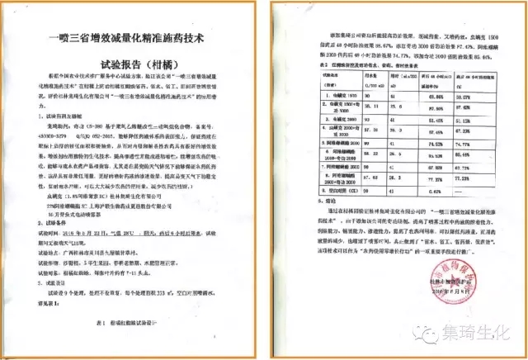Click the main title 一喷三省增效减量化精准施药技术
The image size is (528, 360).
(137, 37)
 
